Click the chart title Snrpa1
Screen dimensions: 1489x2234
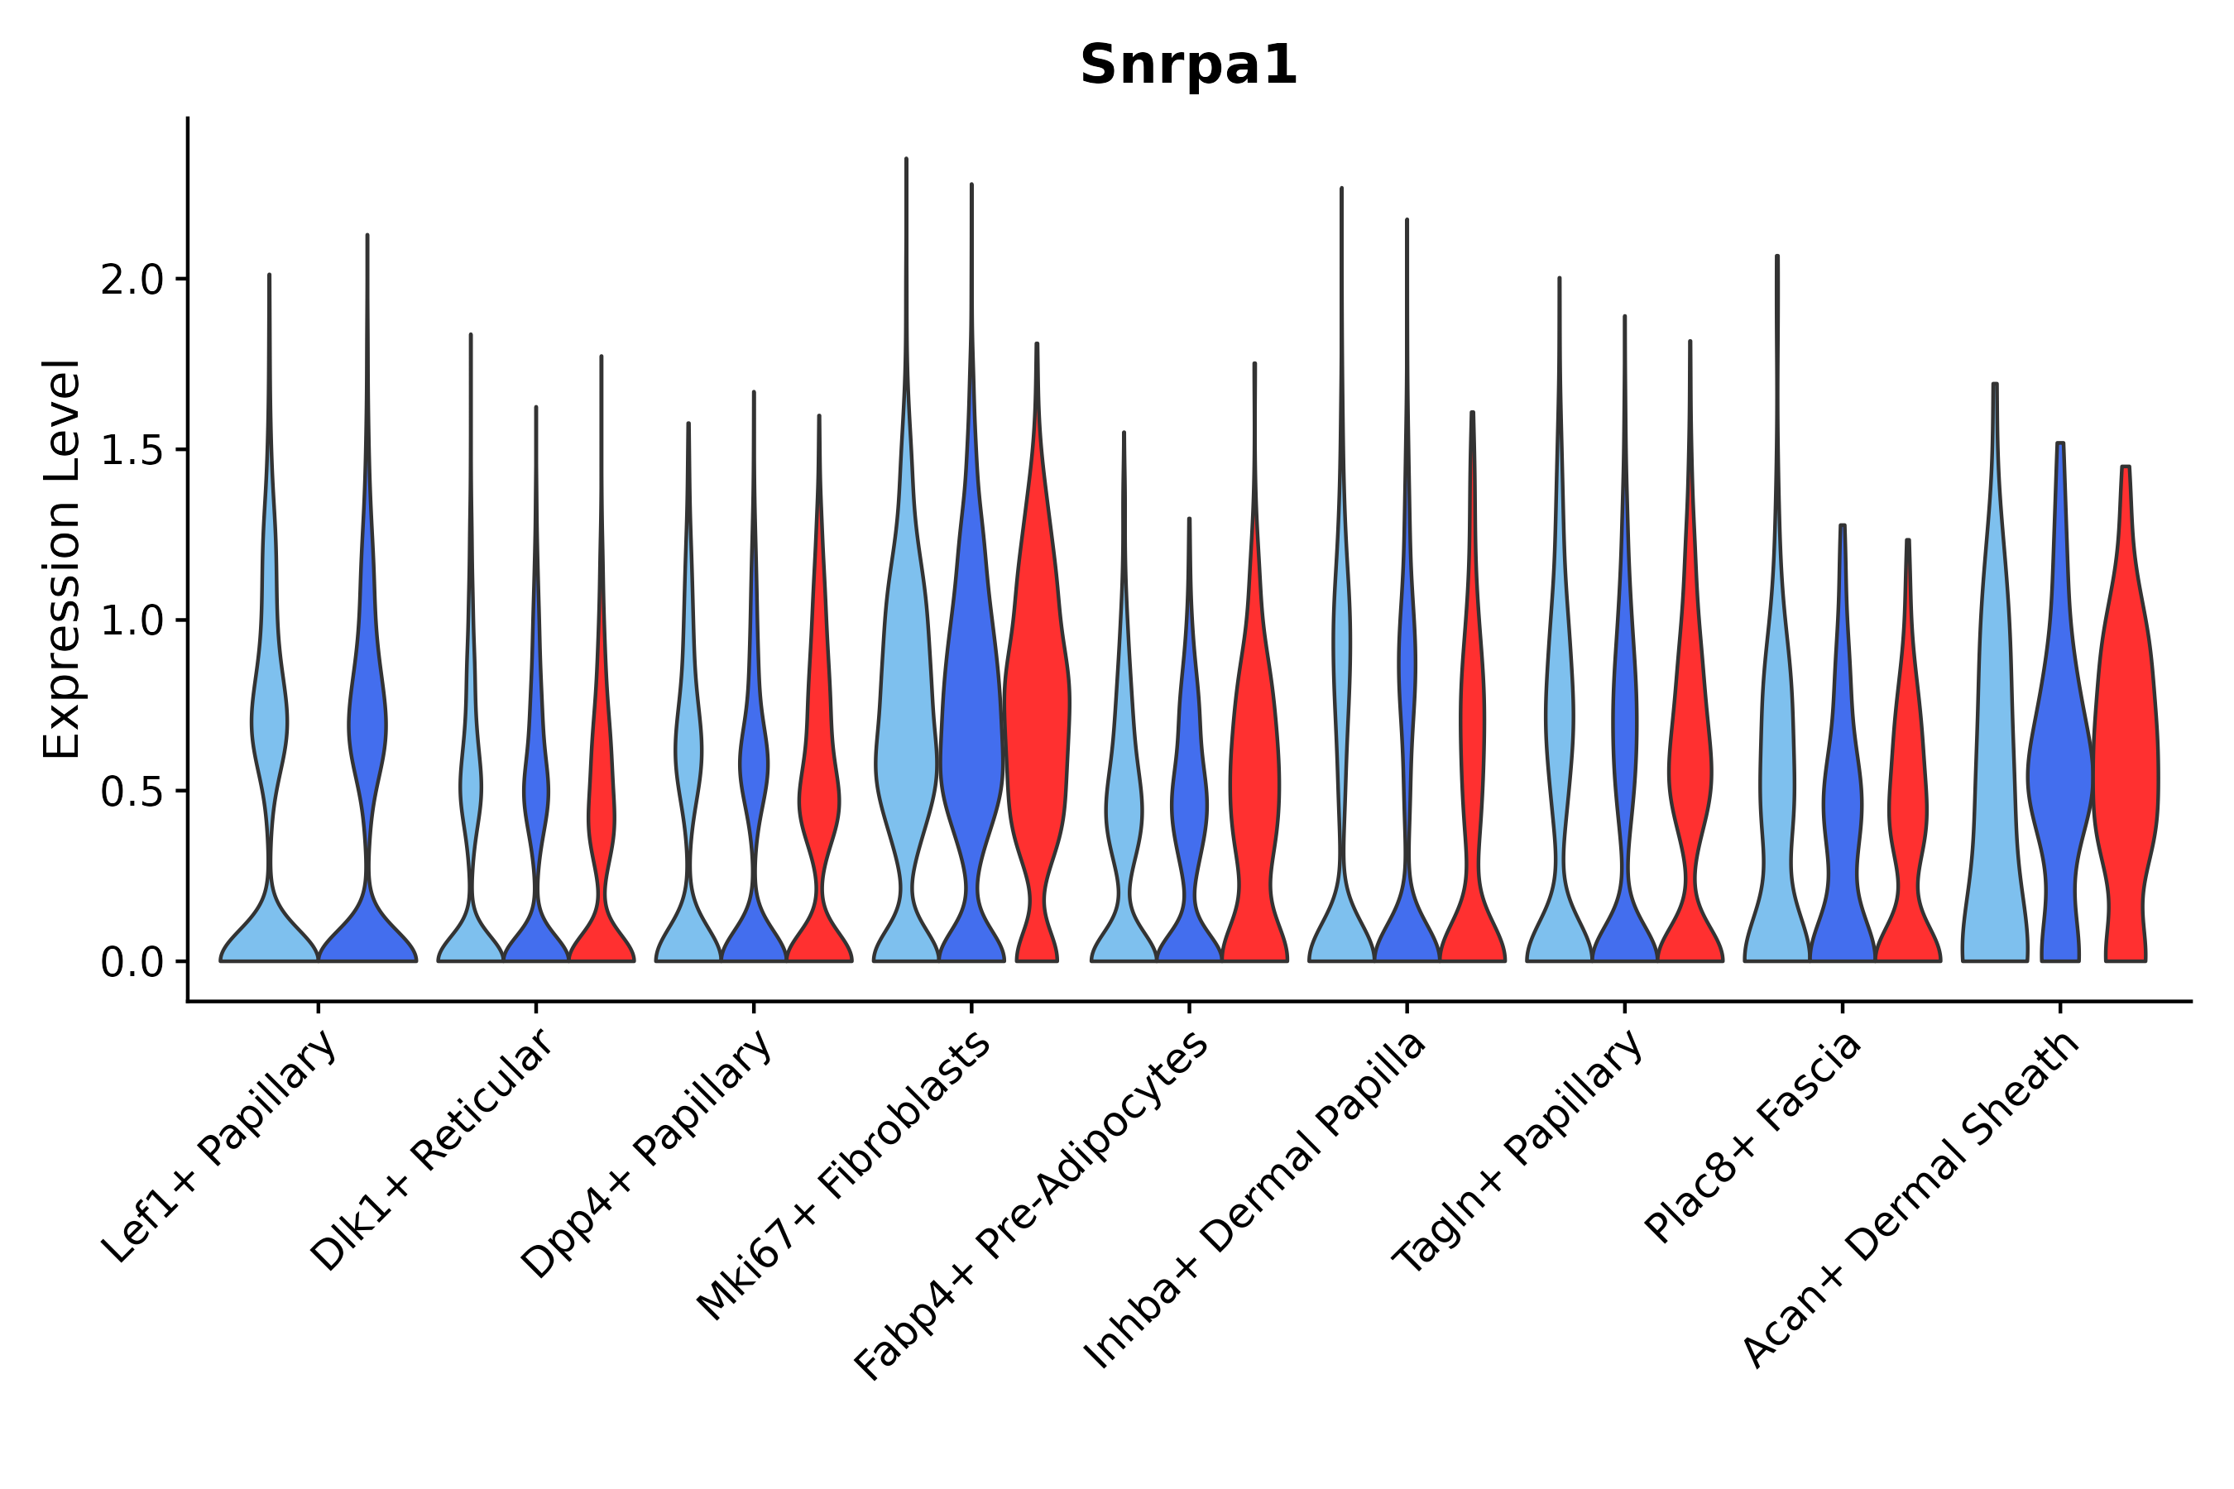[1188, 66]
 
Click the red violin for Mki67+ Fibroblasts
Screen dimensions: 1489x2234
[1038, 721]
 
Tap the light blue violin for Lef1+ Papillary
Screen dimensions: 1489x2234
[270, 721]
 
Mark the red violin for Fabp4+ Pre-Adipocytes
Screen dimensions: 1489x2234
[1254, 778]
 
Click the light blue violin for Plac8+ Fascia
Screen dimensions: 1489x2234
[1776, 759]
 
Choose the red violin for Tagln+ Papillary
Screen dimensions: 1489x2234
[1690, 759]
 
